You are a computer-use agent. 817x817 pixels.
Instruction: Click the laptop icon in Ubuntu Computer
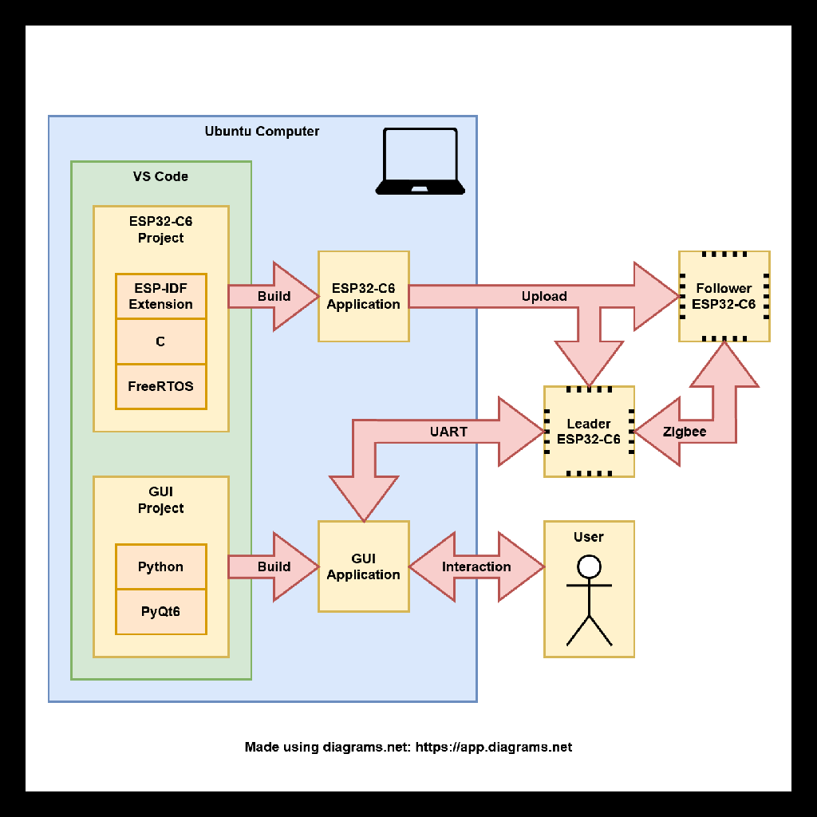[420, 162]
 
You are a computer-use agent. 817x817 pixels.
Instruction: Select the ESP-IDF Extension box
[161, 297]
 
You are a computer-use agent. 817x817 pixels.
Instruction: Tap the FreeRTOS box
[161, 387]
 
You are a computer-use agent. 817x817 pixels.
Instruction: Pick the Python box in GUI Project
[161, 567]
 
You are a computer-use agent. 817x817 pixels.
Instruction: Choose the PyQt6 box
[161, 612]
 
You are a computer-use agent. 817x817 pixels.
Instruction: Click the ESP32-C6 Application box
[364, 297]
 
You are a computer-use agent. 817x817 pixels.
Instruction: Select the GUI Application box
[364, 566]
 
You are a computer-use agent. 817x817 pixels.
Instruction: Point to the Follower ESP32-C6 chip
[724, 297]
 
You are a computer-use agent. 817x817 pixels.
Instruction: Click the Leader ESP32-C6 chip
[589, 432]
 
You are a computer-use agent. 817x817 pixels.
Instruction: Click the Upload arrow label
[544, 297]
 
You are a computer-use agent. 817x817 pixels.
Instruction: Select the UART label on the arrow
[448, 432]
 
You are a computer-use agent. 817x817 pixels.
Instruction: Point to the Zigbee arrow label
[685, 432]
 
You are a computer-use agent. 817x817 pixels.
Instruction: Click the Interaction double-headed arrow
[476, 567]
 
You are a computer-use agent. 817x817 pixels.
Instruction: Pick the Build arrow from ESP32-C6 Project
[274, 297]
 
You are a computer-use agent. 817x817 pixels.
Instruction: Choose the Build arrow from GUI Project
[274, 567]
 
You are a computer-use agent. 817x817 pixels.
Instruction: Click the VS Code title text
[161, 176]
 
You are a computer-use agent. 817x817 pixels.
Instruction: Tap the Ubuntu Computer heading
[262, 132]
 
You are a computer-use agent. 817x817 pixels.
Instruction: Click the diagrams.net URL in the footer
[494, 748]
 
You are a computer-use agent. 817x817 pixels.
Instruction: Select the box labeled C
[161, 341]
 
